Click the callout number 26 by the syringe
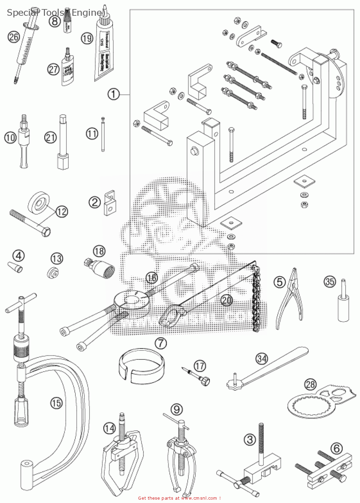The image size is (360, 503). point(13,37)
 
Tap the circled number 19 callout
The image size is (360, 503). point(87,38)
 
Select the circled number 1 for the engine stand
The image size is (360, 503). point(113,94)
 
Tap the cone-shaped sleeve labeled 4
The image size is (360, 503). point(15,268)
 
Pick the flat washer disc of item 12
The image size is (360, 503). point(40,203)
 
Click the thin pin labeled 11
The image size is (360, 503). point(103,134)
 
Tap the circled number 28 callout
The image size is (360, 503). point(310,384)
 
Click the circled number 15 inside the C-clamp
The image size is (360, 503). point(56,402)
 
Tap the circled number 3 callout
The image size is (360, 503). point(250,439)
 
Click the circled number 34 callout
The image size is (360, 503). point(262,358)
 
